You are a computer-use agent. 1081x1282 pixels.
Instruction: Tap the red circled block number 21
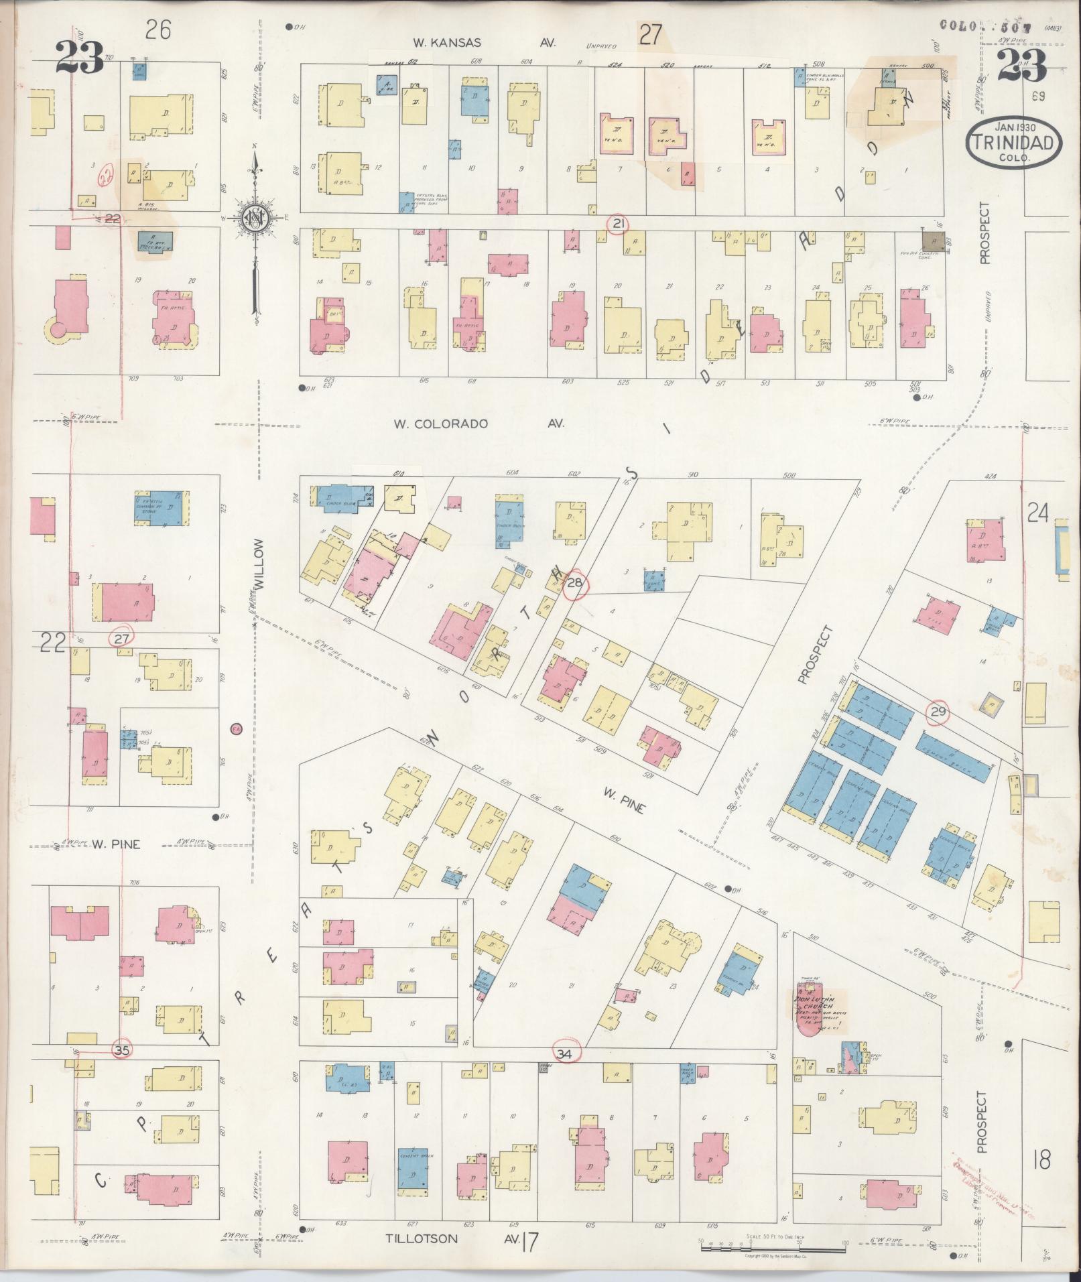pyautogui.click(x=617, y=225)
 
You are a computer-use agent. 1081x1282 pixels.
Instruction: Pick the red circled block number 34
pyautogui.click(x=566, y=1054)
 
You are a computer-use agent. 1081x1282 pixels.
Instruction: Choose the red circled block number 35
pyautogui.click(x=121, y=1050)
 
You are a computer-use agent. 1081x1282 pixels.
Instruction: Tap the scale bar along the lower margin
pyautogui.click(x=772, y=1242)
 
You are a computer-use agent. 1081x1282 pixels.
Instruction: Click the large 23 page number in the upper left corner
pyautogui.click(x=79, y=58)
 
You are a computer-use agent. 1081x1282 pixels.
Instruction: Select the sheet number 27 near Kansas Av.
pyautogui.click(x=650, y=34)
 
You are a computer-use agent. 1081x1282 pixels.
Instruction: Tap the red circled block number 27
pyautogui.click(x=121, y=638)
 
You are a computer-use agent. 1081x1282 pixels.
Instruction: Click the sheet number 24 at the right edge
pyautogui.click(x=1037, y=513)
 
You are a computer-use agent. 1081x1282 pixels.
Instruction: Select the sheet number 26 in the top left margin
pyautogui.click(x=158, y=30)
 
